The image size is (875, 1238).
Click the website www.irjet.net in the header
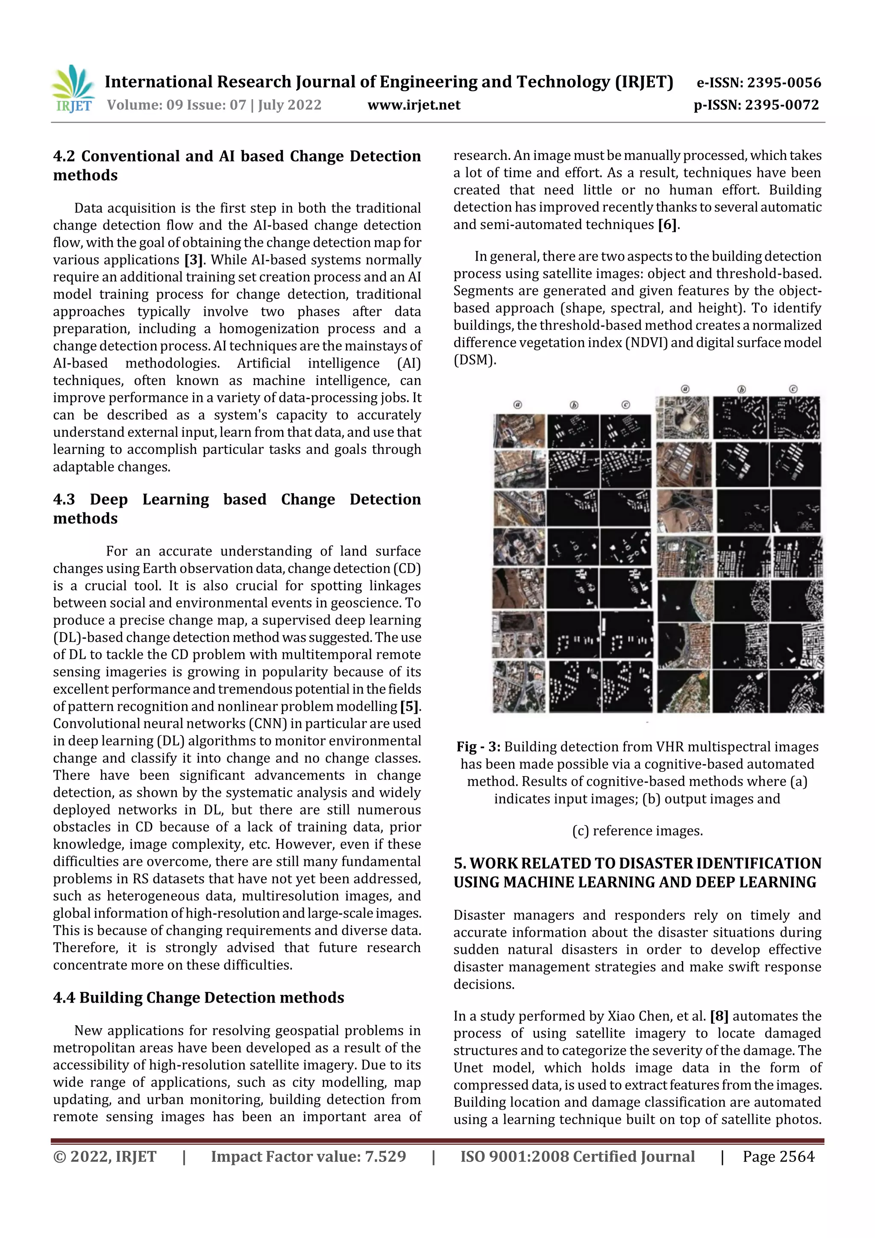[x=414, y=105]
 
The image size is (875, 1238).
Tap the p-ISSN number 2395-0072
[x=782, y=105]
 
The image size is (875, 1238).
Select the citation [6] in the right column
[x=667, y=225]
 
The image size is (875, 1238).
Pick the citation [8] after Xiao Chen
[x=719, y=1016]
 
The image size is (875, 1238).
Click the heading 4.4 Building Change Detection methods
[x=198, y=997]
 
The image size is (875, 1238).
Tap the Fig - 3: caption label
[x=478, y=747]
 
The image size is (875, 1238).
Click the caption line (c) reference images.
[x=637, y=831]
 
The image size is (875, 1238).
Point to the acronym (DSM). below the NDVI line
[x=474, y=360]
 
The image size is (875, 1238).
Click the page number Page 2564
[x=778, y=1156]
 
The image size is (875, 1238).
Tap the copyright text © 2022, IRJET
[x=105, y=1156]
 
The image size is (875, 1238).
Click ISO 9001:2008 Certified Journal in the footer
[x=577, y=1156]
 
